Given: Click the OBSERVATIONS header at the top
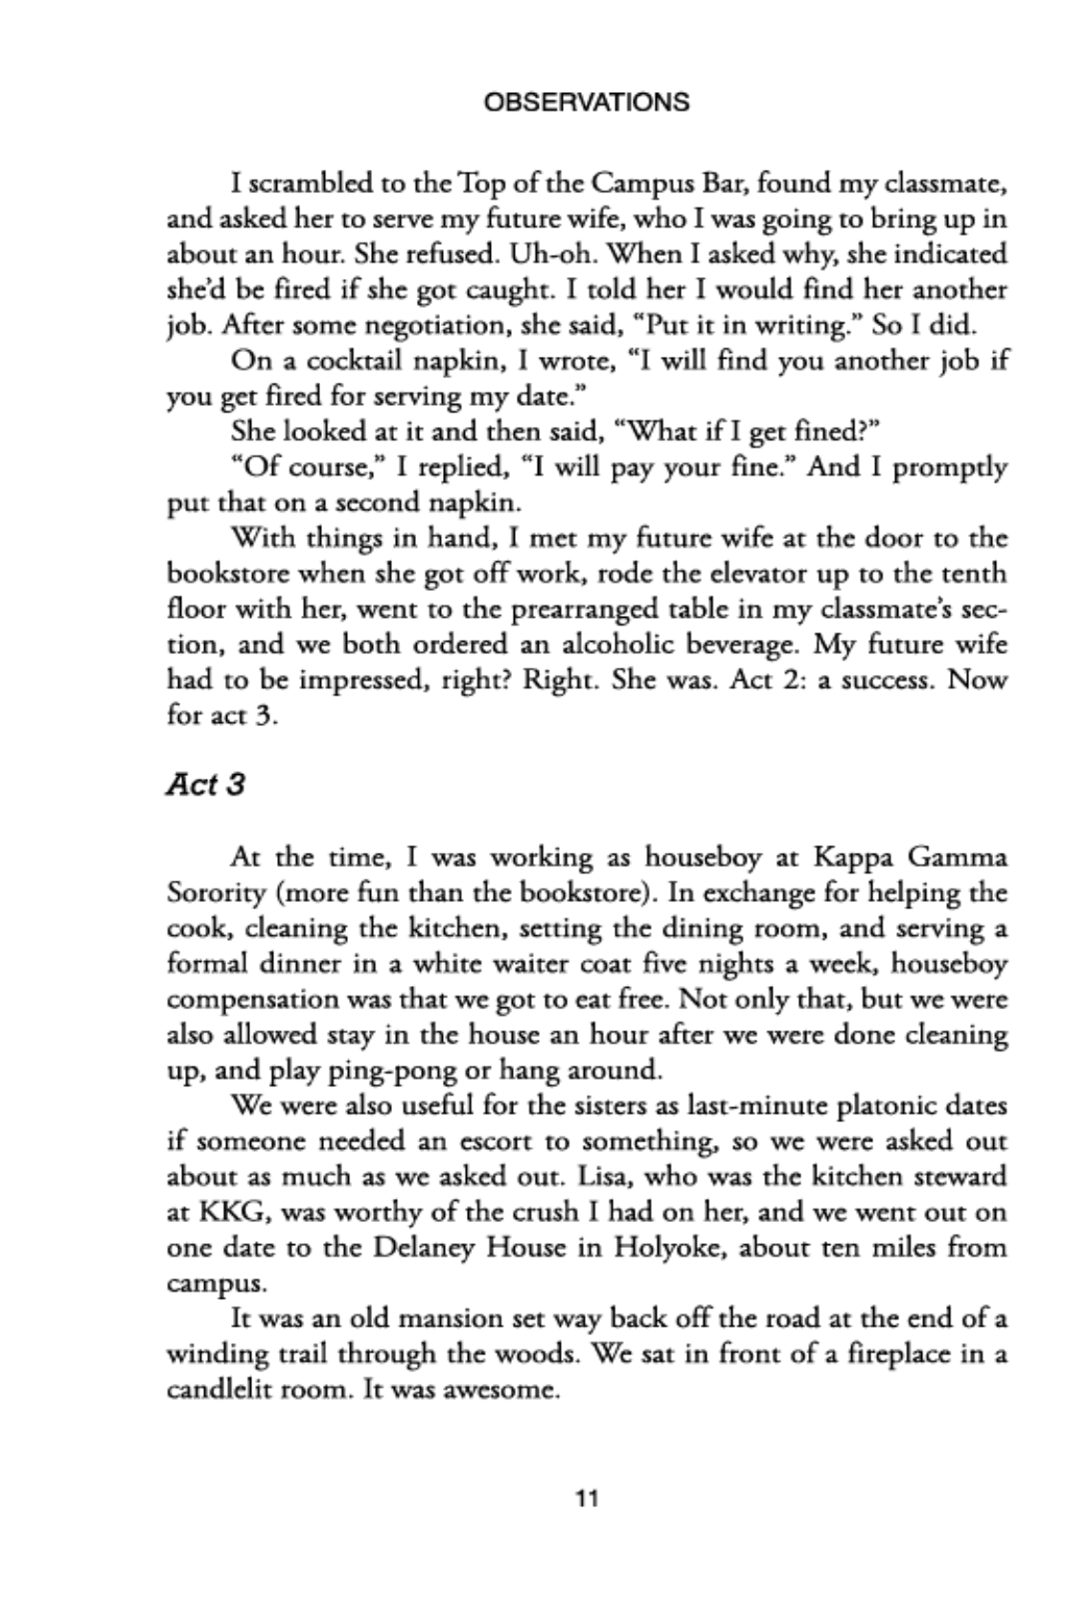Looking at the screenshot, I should coord(587,103).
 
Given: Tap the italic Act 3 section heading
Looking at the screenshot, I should coord(205,786).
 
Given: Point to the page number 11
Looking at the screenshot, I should coord(586,1498).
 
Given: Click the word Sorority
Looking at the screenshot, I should coord(217,893).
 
